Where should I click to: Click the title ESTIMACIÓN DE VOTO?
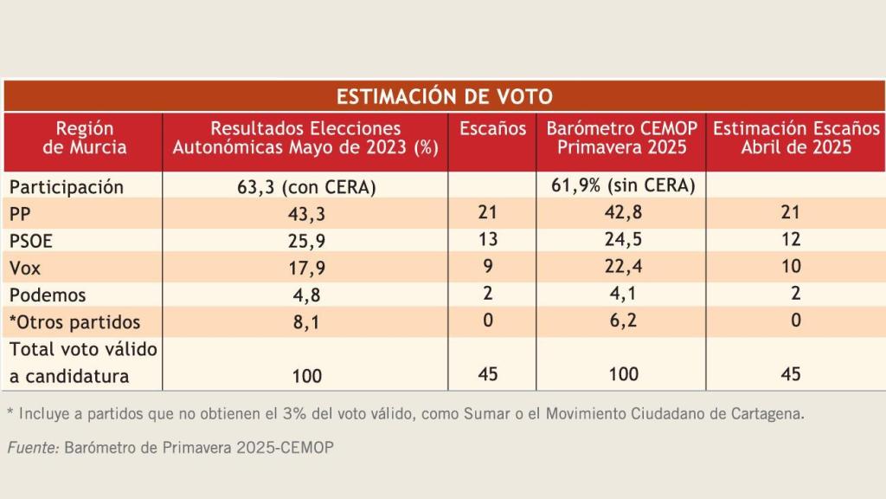coord(443,95)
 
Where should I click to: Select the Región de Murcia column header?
coord(85,138)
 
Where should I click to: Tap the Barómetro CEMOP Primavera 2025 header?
coord(621,138)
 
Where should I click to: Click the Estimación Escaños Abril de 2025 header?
coord(795,138)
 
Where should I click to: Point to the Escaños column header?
coord(492,129)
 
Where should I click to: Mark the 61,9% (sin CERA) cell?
coord(623,186)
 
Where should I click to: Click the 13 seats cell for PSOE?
coord(488,240)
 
